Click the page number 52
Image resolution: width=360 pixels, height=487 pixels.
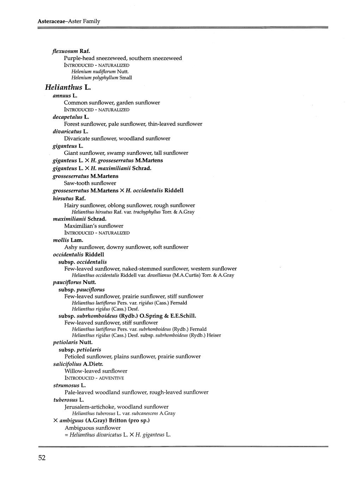42,458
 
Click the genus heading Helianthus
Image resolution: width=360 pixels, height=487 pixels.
64,87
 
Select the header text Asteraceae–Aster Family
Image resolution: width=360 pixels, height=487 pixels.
69,21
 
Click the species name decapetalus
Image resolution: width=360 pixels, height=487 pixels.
67,117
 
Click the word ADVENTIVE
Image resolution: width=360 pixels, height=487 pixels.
112,378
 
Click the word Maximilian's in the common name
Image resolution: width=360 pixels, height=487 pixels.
80,226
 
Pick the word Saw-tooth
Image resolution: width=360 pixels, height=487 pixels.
77,183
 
